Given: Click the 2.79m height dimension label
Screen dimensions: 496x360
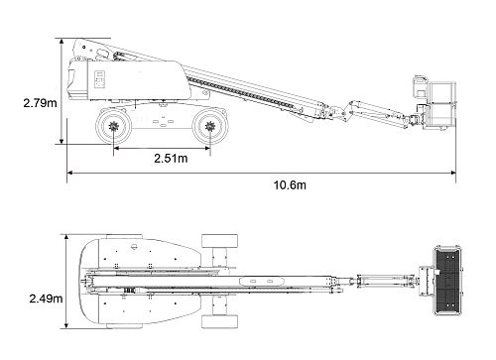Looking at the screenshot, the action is [x=40, y=103].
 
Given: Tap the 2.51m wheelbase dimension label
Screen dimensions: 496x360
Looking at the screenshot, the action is [x=171, y=159].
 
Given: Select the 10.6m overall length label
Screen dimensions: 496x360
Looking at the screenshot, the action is [x=290, y=185].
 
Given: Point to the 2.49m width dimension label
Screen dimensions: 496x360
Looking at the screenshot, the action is [x=46, y=299].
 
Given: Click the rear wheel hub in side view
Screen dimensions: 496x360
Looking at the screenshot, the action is [x=113, y=126].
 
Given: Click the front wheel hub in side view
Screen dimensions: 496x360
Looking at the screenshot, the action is [x=210, y=126].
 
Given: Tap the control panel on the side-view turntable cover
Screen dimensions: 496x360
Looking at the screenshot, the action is [x=99, y=79].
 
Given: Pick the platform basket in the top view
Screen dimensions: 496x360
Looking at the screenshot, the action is [x=447, y=281].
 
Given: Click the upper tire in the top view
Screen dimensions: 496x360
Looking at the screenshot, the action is [x=220, y=241].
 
